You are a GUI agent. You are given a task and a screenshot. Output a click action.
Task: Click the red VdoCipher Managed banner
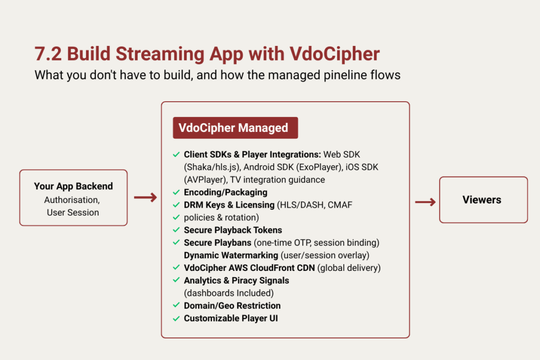coord(235,128)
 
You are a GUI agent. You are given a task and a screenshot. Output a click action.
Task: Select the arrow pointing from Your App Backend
coord(145,198)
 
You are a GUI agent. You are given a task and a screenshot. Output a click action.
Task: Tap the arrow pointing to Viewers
coord(425,202)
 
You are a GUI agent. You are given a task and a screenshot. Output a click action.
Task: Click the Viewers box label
coord(481,200)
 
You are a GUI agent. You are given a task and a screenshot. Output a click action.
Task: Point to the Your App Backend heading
coord(73,186)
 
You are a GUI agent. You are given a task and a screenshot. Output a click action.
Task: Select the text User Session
coord(73,212)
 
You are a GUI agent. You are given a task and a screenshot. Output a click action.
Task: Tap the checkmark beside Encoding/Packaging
coord(176,192)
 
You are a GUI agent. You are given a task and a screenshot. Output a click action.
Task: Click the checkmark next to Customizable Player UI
coord(176,318)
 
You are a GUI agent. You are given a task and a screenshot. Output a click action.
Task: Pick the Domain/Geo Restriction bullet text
coord(232,306)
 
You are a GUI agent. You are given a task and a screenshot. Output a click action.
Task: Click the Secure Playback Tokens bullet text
coord(233,230)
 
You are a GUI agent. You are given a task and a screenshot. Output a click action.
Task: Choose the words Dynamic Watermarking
coord(231,255)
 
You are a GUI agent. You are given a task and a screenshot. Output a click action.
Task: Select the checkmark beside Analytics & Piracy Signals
coord(176,280)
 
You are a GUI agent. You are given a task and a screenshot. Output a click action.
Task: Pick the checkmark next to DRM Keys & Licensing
coord(176,205)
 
